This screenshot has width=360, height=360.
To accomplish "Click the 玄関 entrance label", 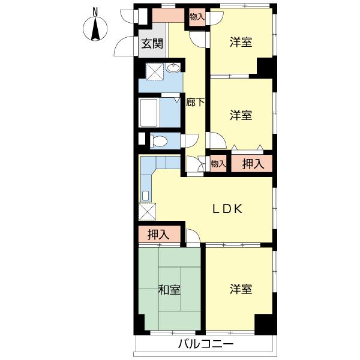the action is tap(152, 44).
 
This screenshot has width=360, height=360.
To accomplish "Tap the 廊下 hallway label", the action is tap(195, 102).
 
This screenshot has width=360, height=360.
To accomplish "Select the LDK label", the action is tap(227, 209).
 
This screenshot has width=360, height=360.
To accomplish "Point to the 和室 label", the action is tap(169, 290).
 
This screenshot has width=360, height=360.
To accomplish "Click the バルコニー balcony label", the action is tap(206, 344).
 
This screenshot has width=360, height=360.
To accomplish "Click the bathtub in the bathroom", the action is tap(149, 113).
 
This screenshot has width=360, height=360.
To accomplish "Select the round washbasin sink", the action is tap(174, 67).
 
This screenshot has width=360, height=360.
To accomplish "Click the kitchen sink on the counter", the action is tap(146, 196).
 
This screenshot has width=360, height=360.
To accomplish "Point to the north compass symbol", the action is tap(95, 29).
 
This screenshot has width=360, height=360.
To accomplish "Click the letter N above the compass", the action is tap(95, 12).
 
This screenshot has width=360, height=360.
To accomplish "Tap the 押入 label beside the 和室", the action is tap(158, 235).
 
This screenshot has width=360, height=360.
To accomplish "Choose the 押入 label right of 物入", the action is tap(253, 164).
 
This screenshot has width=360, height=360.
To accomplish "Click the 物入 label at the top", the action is tap(197, 17).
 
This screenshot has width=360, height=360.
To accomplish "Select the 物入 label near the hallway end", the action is tap(218, 164).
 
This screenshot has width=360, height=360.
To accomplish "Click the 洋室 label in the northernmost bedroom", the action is tap(241, 42).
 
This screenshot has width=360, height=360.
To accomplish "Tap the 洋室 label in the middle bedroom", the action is tap(241, 115).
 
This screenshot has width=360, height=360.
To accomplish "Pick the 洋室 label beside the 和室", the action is tap(241, 289).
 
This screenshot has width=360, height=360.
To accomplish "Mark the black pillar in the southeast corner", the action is tap(265, 324).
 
